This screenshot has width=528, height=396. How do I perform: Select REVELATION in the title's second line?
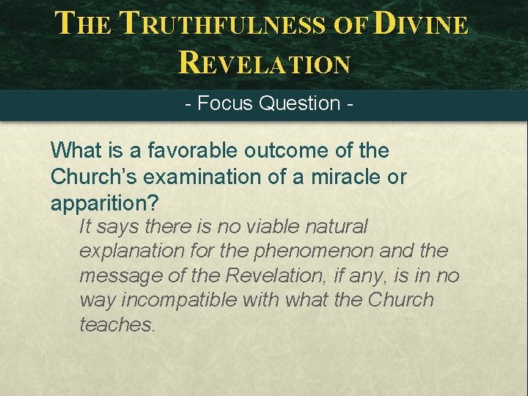tap(264, 63)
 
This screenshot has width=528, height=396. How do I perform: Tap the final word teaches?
tap(117, 325)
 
